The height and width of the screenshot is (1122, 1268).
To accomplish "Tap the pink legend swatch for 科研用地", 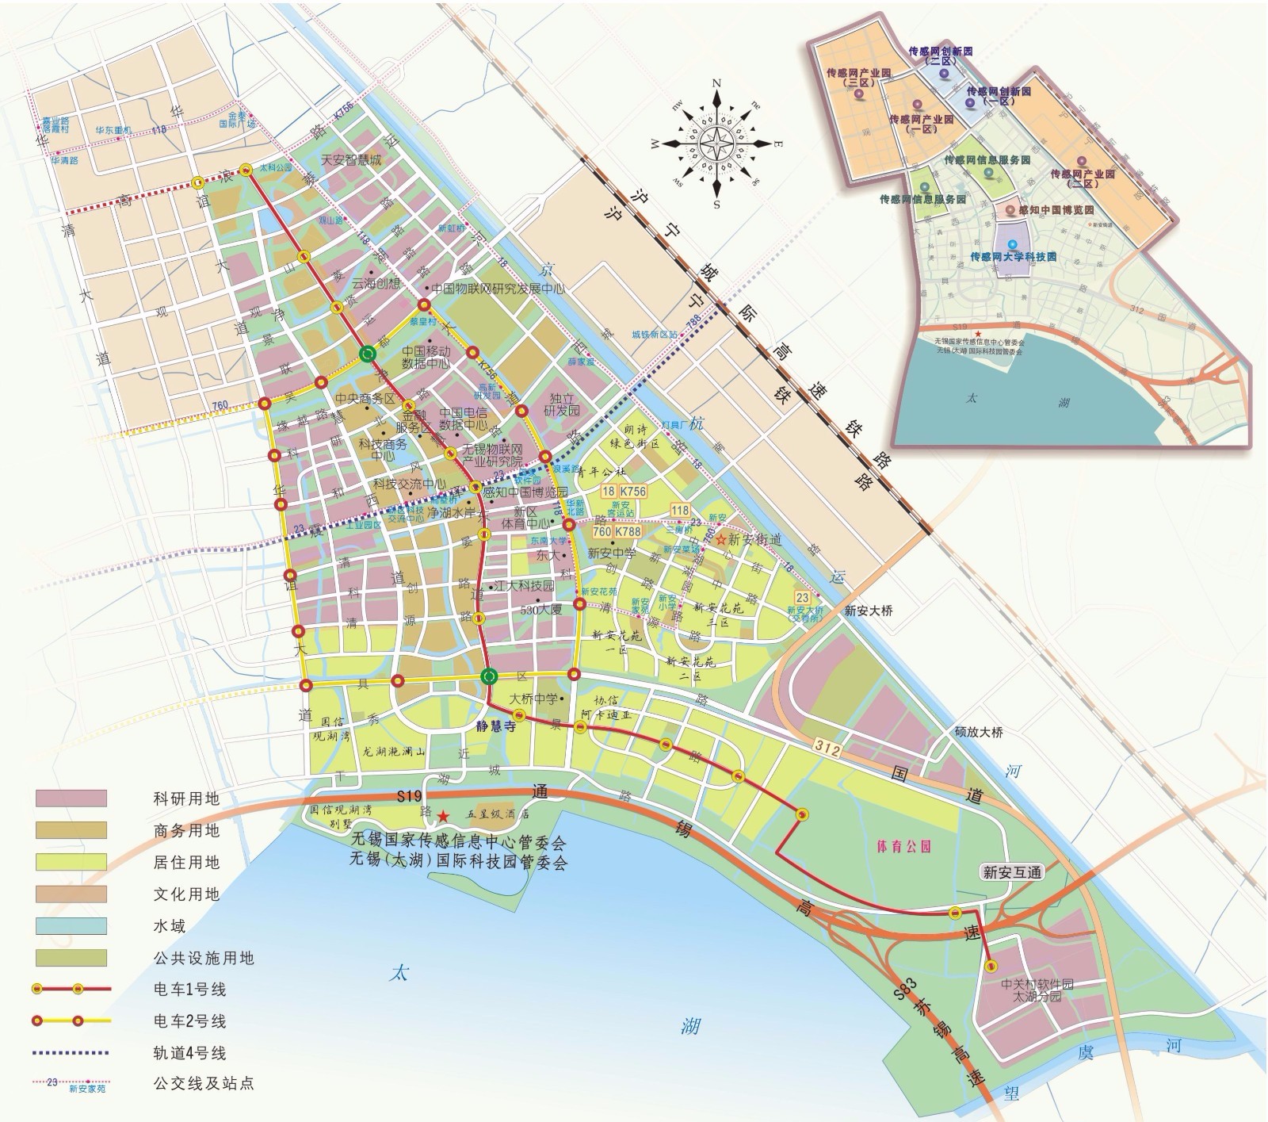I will pyautogui.click(x=71, y=798).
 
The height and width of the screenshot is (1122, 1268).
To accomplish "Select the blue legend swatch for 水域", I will pyautogui.click(x=71, y=925).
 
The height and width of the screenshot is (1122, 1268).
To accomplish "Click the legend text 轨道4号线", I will pyautogui.click(x=189, y=1054).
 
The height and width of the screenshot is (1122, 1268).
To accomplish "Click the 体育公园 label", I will pyautogui.click(x=903, y=846).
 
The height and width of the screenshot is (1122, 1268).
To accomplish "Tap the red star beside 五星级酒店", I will pyautogui.click(x=443, y=815).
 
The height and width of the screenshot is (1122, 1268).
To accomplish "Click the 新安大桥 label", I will pyautogui.click(x=868, y=611).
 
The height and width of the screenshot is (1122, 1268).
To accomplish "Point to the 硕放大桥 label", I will pyautogui.click(x=979, y=732).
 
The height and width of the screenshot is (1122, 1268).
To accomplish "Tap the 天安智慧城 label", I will pyautogui.click(x=351, y=160).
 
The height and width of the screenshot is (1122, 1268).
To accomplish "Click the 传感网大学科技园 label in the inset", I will pyautogui.click(x=1014, y=257).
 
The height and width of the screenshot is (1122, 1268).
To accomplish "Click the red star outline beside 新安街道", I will pyautogui.click(x=720, y=539).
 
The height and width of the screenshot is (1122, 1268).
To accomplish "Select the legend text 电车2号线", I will pyautogui.click(x=189, y=1021).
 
